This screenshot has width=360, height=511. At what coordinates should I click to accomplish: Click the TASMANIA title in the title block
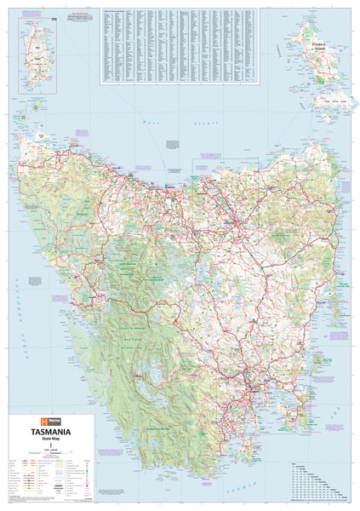tap(52, 432)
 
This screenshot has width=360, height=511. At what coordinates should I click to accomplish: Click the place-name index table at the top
tap(178, 46)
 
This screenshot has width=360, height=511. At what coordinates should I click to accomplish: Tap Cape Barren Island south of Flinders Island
tap(329, 103)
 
